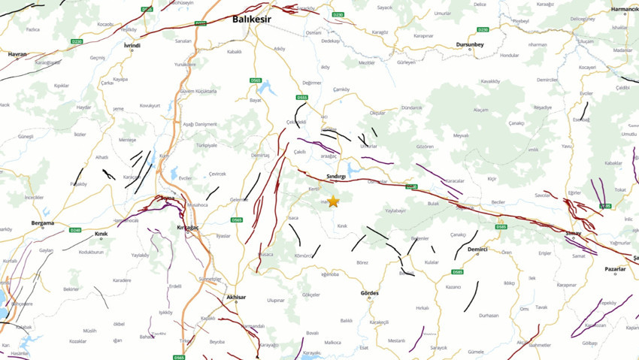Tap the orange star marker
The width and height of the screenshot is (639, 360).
click(x=333, y=201)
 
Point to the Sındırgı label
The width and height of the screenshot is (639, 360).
click(x=336, y=176)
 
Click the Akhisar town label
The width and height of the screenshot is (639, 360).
click(x=236, y=298)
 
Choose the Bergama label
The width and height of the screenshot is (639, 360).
click(x=42, y=223)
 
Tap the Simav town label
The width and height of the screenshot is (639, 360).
click(x=573, y=234)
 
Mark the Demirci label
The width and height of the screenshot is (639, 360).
click(x=477, y=249)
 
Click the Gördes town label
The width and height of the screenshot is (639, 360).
click(x=370, y=292)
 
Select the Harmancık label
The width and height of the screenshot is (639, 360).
click(x=623, y=10)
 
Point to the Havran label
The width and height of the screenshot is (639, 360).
click(x=17, y=54)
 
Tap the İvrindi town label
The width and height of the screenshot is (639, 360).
click(x=132, y=45)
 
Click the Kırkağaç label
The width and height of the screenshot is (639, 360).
click(x=186, y=226)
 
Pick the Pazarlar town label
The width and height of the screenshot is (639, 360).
click(x=615, y=268)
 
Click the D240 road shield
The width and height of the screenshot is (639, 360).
click(x=74, y=230)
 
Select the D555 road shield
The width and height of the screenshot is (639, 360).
click(x=302, y=97)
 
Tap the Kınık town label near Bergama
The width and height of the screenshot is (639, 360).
click(x=101, y=234)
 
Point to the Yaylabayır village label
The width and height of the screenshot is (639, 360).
click(x=395, y=211)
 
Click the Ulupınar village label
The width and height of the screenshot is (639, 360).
click(x=276, y=300)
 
